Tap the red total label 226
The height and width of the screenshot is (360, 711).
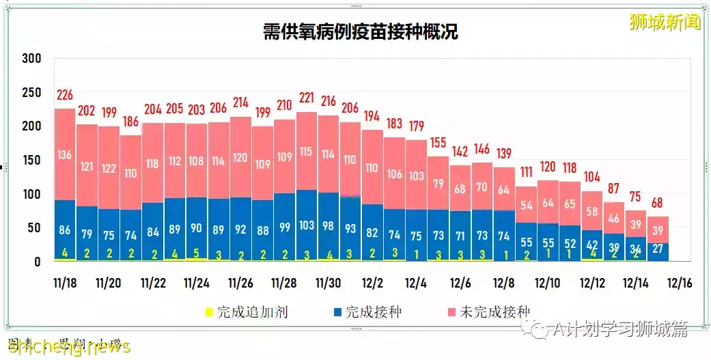point(65,95)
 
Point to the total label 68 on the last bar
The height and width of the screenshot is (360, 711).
point(658,203)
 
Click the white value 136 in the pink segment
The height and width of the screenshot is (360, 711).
point(65,154)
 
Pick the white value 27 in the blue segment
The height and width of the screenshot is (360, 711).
point(658,249)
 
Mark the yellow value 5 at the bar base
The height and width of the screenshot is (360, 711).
point(197,254)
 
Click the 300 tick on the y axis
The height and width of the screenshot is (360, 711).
point(32,59)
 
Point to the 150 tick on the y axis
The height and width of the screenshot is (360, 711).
point(32,161)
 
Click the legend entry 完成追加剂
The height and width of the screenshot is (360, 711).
point(252,312)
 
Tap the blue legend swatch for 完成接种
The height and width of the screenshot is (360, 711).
point(337,313)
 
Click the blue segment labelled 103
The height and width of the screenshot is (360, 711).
point(307,225)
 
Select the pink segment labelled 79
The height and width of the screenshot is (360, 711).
point(438,184)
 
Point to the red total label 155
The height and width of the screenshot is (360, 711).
point(438,143)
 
